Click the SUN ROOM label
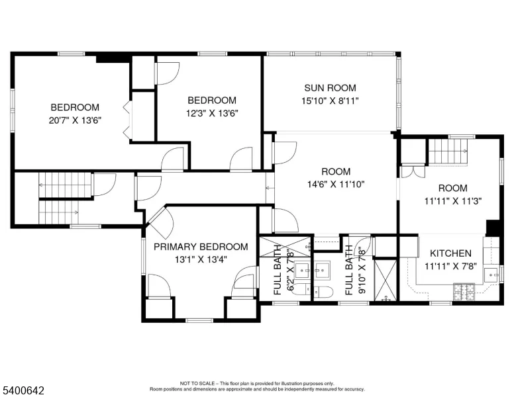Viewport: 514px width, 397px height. [x=330, y=88]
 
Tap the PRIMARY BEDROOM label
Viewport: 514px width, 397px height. [x=201, y=247]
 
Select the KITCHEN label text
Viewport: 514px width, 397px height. [x=450, y=253]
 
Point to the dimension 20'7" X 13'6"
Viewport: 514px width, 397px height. [x=75, y=120]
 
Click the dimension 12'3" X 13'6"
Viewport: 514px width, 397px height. [x=212, y=113]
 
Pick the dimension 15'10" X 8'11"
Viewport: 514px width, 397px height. [x=330, y=101]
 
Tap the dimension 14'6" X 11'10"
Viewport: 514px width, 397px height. [x=336, y=185]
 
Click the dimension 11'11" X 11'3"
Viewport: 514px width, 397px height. [x=453, y=200]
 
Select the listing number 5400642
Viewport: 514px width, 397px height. [x=23, y=390]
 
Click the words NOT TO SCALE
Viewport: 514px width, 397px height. [x=197, y=383]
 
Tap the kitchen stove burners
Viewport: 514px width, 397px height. [x=464, y=292]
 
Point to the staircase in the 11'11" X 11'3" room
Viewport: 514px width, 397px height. [x=448, y=152]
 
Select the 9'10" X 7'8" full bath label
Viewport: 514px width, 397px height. [x=355, y=270]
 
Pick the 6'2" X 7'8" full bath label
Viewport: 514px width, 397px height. [x=283, y=270]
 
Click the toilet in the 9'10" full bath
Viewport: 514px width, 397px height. [x=323, y=292]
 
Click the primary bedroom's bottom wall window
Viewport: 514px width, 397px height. [x=199, y=320]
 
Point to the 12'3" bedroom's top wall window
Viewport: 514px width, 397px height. [x=213, y=54]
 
